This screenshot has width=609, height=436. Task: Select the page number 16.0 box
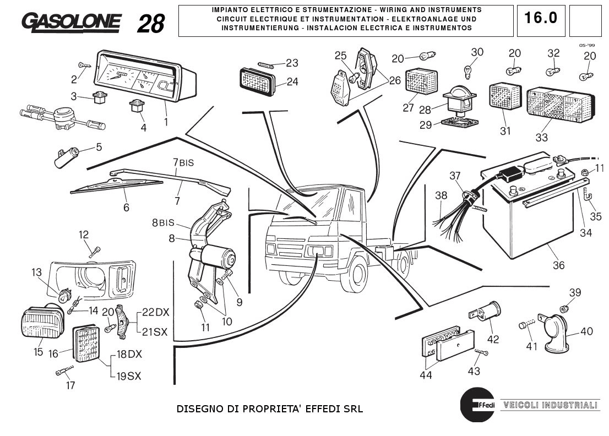tap(540, 18)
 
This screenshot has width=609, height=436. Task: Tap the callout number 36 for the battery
tap(558, 265)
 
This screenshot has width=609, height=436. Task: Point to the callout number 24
tap(292, 81)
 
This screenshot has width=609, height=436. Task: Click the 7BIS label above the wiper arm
tap(183, 162)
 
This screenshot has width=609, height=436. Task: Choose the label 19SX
tap(128, 377)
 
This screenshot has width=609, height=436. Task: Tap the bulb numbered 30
tap(465, 71)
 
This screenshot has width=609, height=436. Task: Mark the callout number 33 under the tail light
tap(541, 138)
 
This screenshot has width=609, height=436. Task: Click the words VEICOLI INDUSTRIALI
tap(550, 406)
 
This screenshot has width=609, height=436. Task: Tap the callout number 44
tap(426, 375)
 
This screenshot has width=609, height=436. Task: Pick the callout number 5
tap(99, 147)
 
